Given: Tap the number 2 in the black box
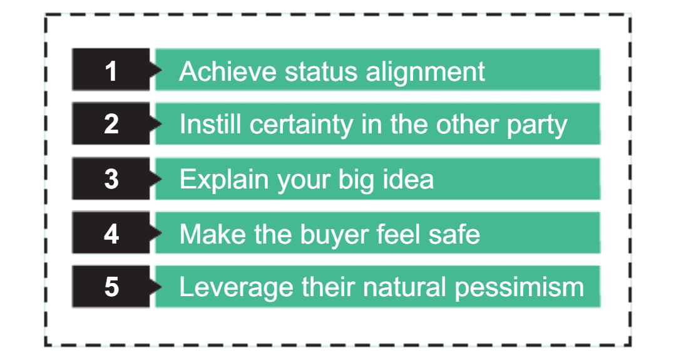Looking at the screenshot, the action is tap(111, 124).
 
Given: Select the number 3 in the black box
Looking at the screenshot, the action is tap(111, 179).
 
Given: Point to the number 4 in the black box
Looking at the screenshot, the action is tap(111, 234).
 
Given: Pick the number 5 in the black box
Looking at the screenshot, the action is tap(111, 287).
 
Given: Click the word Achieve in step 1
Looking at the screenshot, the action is tap(228, 71).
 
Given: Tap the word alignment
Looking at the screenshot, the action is tap(426, 73).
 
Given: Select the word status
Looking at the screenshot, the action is tap(321, 71).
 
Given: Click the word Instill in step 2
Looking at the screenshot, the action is tap(210, 124).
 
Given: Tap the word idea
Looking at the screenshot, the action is tap(408, 179).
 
